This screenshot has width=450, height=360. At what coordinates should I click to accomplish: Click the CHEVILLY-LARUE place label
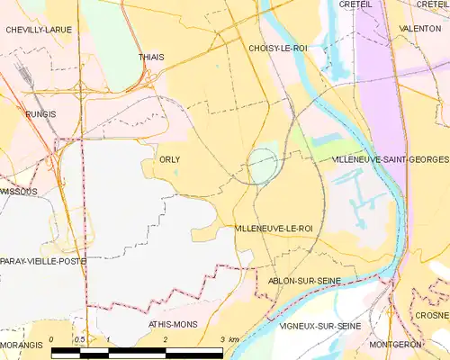39,30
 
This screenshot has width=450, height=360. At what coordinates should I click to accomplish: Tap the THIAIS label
151,57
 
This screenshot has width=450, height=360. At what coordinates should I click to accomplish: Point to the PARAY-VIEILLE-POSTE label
43,261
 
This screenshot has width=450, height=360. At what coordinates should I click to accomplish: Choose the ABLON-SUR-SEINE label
305,281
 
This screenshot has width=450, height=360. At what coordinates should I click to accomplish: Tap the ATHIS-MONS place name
174,322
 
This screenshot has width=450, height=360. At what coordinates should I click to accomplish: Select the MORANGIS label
22,345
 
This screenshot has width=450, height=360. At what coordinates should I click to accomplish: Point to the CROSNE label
433,316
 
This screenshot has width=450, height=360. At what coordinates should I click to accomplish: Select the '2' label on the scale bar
166,339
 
